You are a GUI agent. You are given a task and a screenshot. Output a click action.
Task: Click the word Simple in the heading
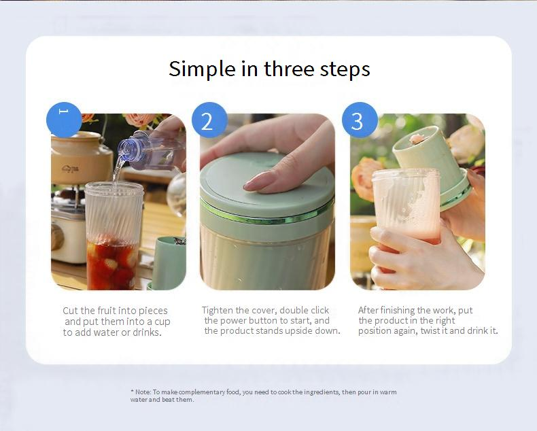click(203, 69)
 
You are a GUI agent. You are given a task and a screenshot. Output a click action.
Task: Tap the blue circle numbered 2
click(209, 120)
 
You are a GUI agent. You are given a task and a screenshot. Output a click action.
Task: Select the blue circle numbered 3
click(360, 120)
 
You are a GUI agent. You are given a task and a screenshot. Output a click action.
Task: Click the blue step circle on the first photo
click(64, 120)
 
